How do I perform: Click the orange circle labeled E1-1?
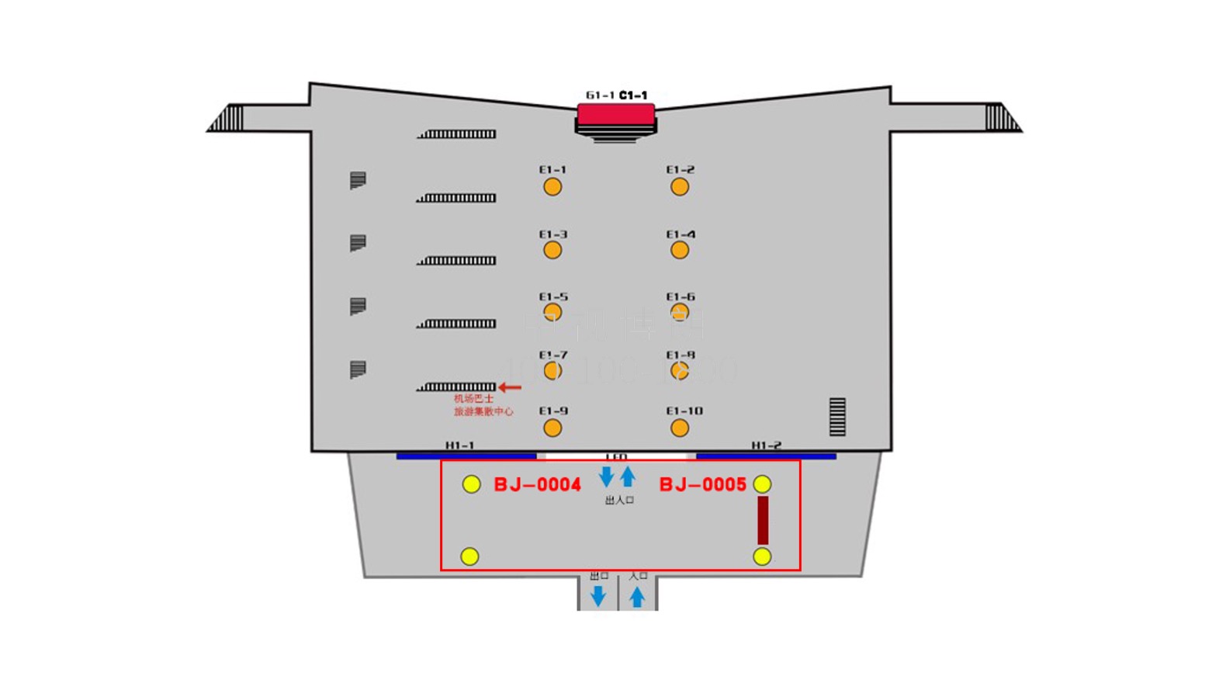552,187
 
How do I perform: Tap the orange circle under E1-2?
680,187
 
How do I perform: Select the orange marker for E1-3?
552,250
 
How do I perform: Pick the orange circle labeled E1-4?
680,250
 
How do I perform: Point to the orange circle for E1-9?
552,428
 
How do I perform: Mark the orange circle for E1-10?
680,428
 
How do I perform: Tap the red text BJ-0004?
537,485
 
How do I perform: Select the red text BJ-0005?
702,485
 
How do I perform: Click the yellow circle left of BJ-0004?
471,484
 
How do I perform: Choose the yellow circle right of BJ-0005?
762,484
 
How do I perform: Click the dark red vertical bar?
763,520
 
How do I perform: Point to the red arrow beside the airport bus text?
510,387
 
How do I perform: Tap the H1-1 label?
460,446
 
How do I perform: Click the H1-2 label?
766,446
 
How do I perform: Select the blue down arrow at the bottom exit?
598,596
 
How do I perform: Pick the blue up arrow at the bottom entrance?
637,596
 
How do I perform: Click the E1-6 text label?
681,296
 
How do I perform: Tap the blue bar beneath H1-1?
466,456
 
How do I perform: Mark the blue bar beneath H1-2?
766,456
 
